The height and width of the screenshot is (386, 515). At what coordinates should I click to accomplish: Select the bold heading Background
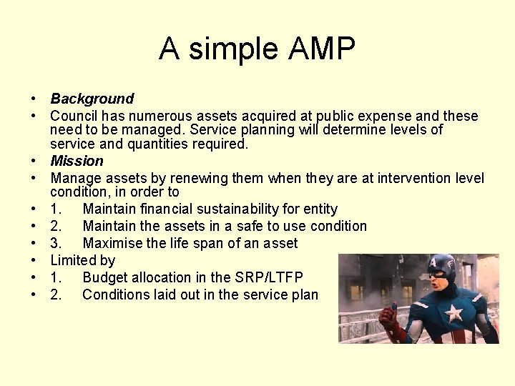[x=92, y=99]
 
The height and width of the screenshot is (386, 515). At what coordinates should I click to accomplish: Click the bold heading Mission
[x=77, y=161]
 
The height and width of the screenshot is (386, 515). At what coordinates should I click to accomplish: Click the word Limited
[x=73, y=260]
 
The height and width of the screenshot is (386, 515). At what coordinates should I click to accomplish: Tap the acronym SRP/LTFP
[x=268, y=277]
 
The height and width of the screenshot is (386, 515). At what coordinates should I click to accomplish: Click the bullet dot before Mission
[x=34, y=162]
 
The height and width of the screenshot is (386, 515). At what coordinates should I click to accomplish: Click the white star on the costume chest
[x=453, y=312]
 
